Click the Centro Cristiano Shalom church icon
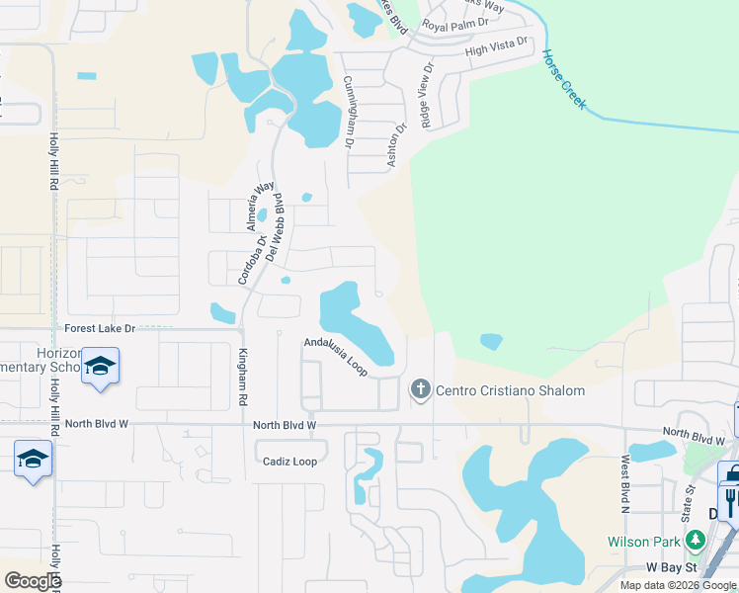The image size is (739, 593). click(420, 389)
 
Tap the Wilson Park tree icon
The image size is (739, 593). click(696, 541)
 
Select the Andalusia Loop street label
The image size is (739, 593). click(336, 356)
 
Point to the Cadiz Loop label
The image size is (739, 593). click(289, 462)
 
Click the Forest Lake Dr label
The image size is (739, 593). click(100, 327)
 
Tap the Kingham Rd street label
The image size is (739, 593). click(241, 377)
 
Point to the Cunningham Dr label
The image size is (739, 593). click(348, 112)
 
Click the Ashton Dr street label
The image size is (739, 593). click(397, 144)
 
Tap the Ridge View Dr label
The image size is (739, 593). click(427, 96)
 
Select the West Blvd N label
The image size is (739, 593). click(624, 484)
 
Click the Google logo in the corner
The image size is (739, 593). click(33, 580)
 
